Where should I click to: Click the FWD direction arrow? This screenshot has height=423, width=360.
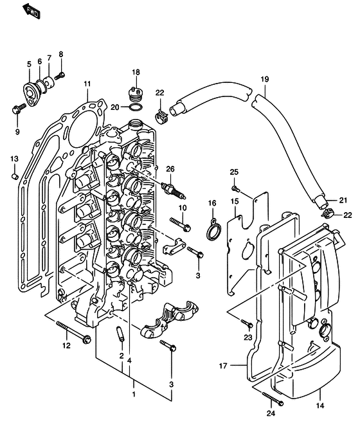click(31, 11)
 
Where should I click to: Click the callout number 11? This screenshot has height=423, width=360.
click(87, 84)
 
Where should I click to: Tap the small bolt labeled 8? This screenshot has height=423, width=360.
click(60, 76)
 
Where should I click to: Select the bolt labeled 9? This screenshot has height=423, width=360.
click(19, 108)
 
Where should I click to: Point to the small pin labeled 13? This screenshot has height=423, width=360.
click(15, 176)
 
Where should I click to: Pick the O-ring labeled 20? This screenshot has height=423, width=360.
click(136, 107)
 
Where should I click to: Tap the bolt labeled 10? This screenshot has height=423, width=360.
click(180, 225)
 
